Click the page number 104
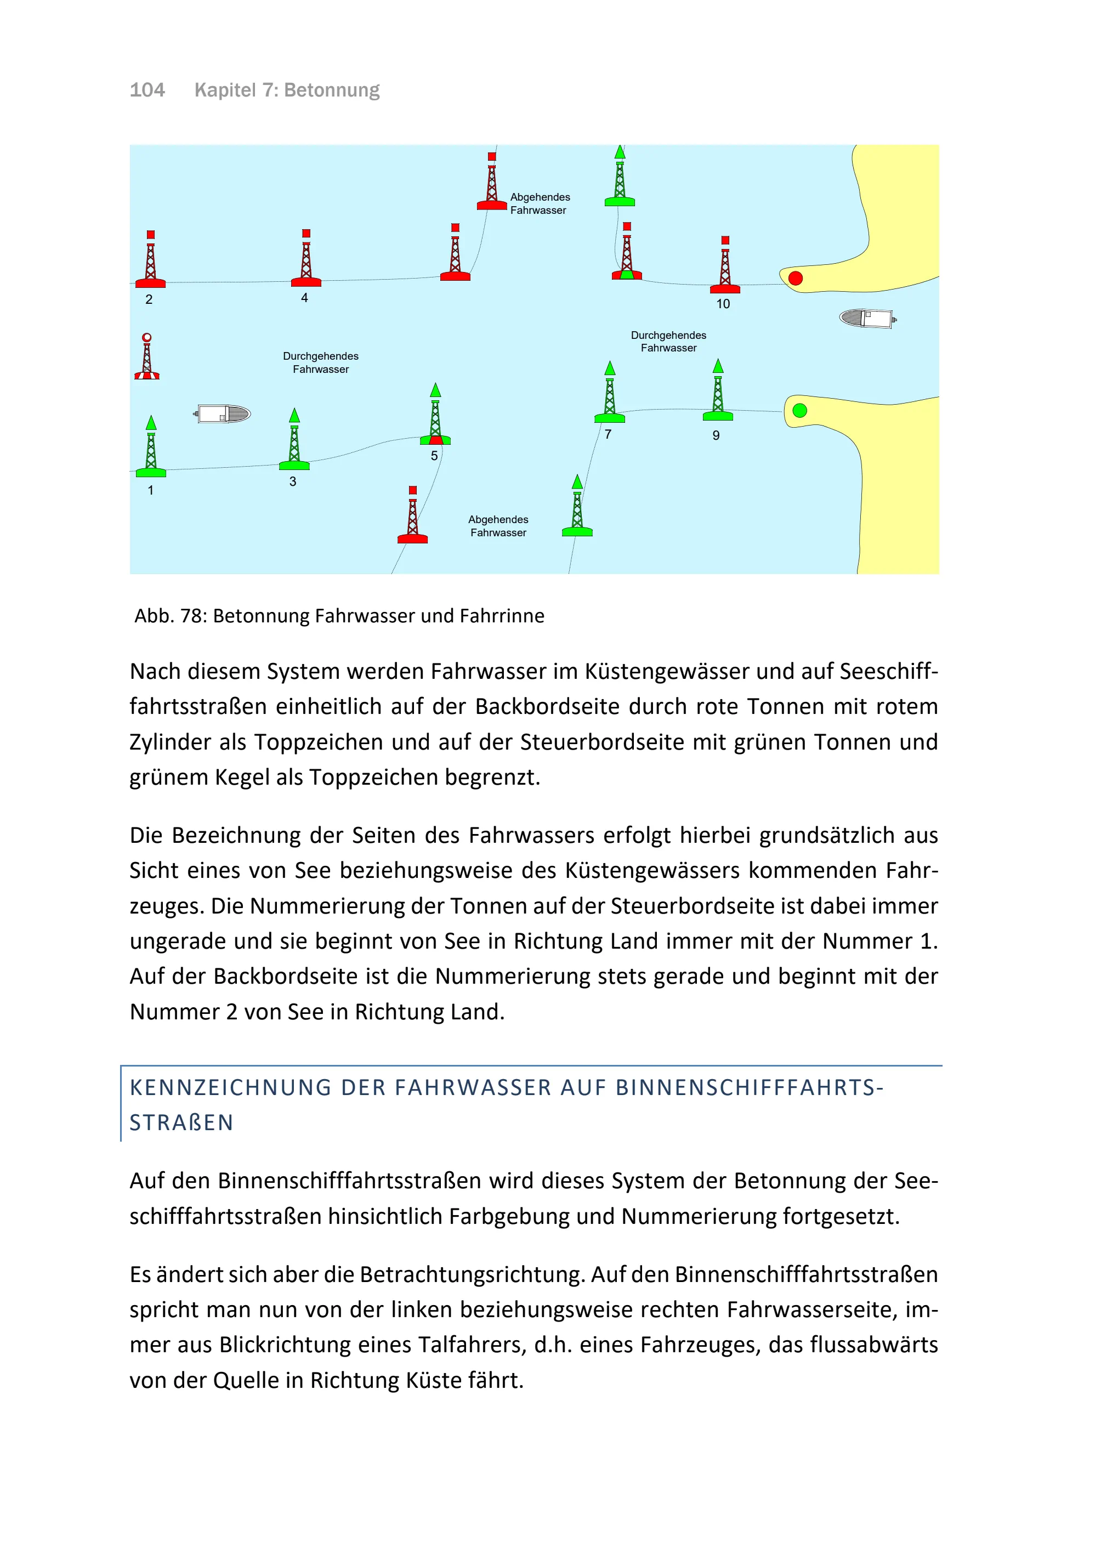tap(147, 90)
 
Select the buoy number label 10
tap(723, 304)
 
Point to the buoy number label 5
tap(434, 456)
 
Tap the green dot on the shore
tap(800, 410)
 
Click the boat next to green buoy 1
tap(223, 413)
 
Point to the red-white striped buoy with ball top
tap(147, 358)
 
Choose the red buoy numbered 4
tap(307, 260)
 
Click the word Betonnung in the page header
tap(332, 90)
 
